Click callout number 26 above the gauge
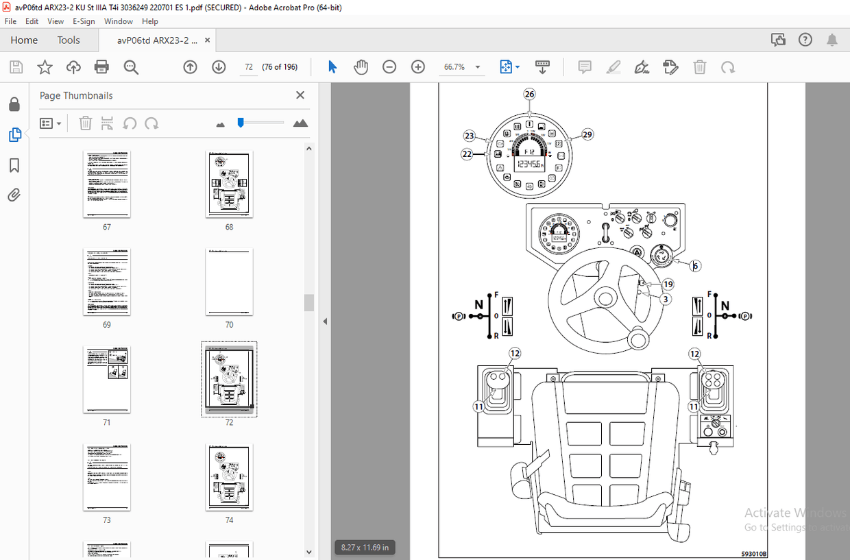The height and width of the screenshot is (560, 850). pos(529,94)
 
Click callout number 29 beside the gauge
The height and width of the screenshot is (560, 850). pos(587,134)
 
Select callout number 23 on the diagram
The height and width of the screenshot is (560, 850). pos(469,136)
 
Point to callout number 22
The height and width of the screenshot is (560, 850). pos(467,155)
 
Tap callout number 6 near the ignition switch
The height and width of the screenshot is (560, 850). pos(695,266)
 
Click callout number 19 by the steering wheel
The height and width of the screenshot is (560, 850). pos(667,284)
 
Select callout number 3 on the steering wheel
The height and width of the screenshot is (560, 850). pos(666,299)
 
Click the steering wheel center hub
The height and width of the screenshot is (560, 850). pos(604,297)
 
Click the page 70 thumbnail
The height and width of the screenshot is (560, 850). pos(229,282)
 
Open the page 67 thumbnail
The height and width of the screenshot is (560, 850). pos(106,184)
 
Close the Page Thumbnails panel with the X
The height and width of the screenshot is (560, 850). pos(300,95)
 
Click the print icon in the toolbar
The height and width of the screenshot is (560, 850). pos(101,66)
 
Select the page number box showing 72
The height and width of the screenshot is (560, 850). pos(249,67)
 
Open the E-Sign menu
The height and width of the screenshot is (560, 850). pos(84,21)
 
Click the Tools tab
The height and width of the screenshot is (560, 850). pos(69,40)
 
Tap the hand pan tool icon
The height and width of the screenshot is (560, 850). pos(361,66)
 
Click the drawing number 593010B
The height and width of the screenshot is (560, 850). pos(753,554)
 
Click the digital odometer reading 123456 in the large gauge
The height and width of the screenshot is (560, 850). pos(529,165)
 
